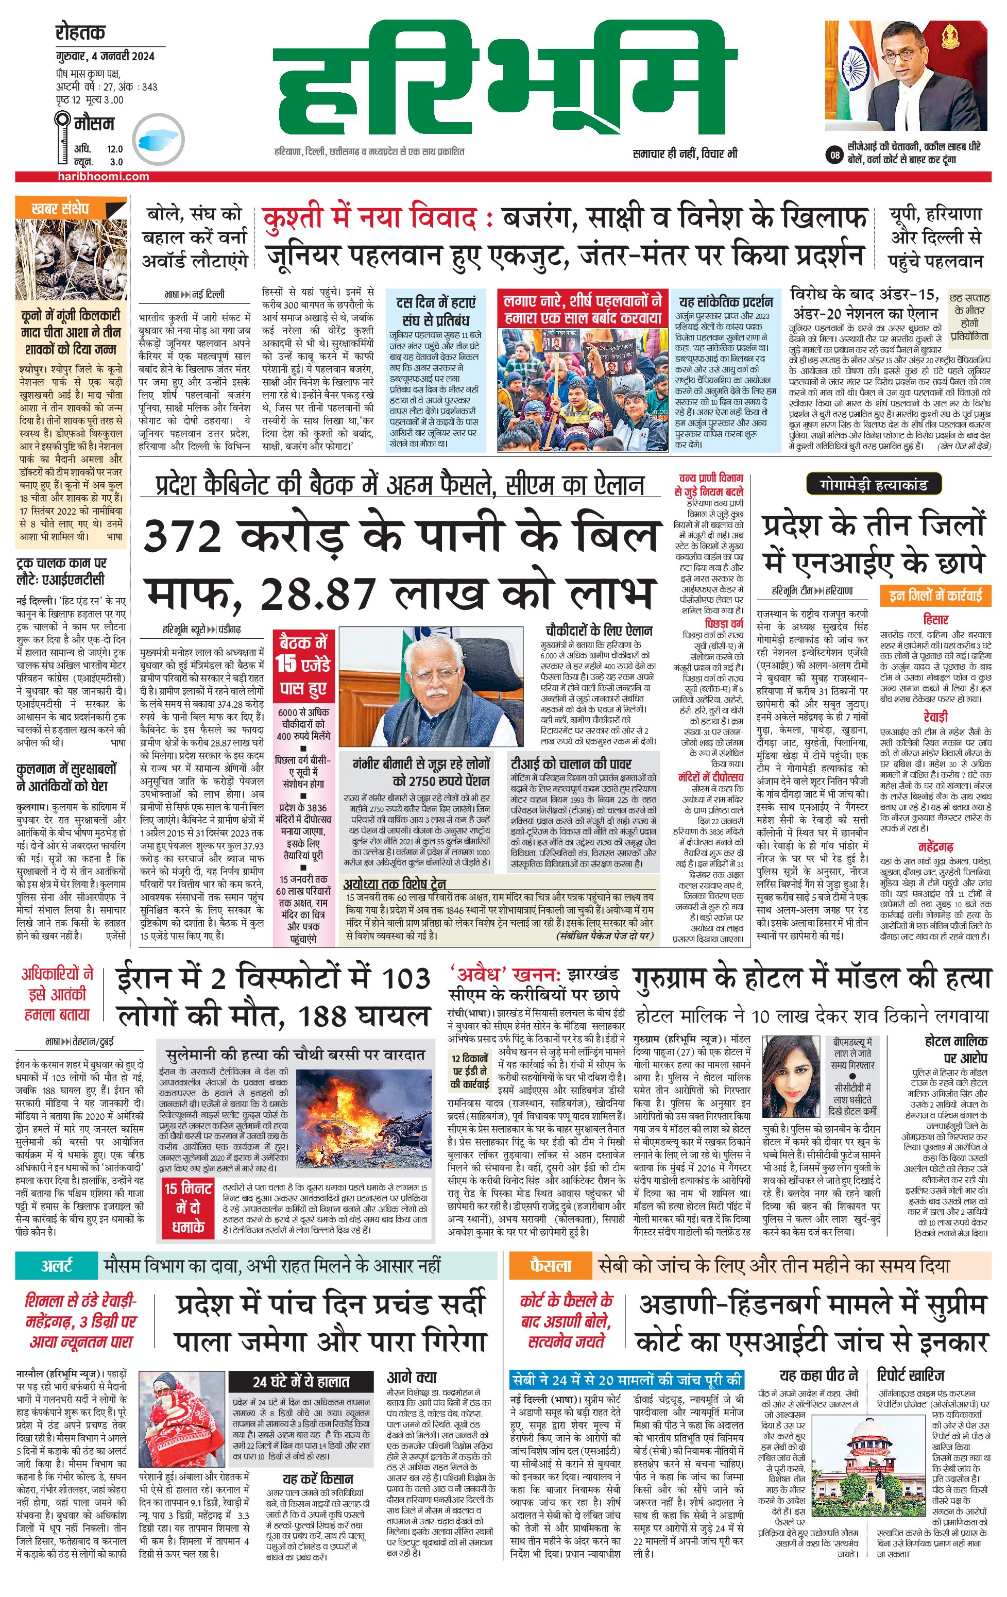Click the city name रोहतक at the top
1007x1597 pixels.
(80, 32)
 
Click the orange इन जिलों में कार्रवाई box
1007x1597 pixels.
(935, 595)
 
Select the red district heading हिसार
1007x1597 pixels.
(935, 619)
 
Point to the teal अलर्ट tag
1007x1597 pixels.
(57, 1265)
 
